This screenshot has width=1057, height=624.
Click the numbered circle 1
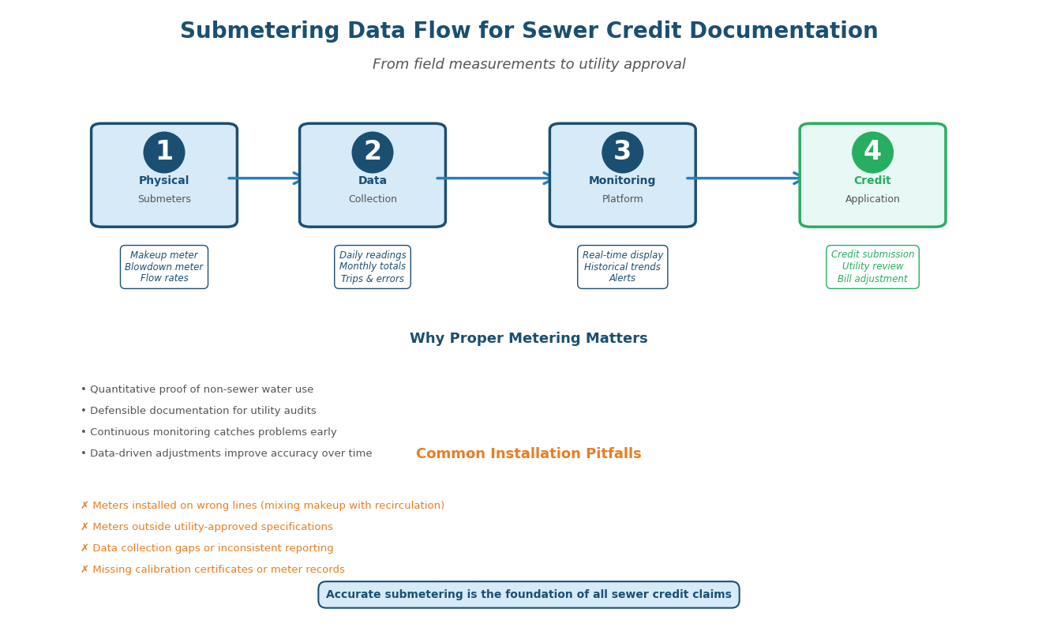point(164,152)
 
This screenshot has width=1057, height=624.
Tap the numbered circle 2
point(373,152)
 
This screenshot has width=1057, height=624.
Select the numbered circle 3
point(622,152)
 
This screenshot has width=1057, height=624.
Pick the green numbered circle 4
point(872,152)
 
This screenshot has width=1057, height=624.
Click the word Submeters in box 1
point(164,200)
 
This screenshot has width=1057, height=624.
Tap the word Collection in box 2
point(373,200)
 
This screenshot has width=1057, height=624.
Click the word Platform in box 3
point(622,200)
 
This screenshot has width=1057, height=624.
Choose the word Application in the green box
point(872,200)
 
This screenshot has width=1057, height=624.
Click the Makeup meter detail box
point(164,267)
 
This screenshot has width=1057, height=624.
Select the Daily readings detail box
point(373,267)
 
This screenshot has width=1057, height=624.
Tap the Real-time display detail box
point(622,267)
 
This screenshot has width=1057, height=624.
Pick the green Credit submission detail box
point(872,267)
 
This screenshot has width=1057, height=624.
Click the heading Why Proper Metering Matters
point(528,339)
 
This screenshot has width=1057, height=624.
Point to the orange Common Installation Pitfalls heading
point(528,454)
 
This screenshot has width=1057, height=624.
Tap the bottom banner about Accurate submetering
point(528,595)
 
